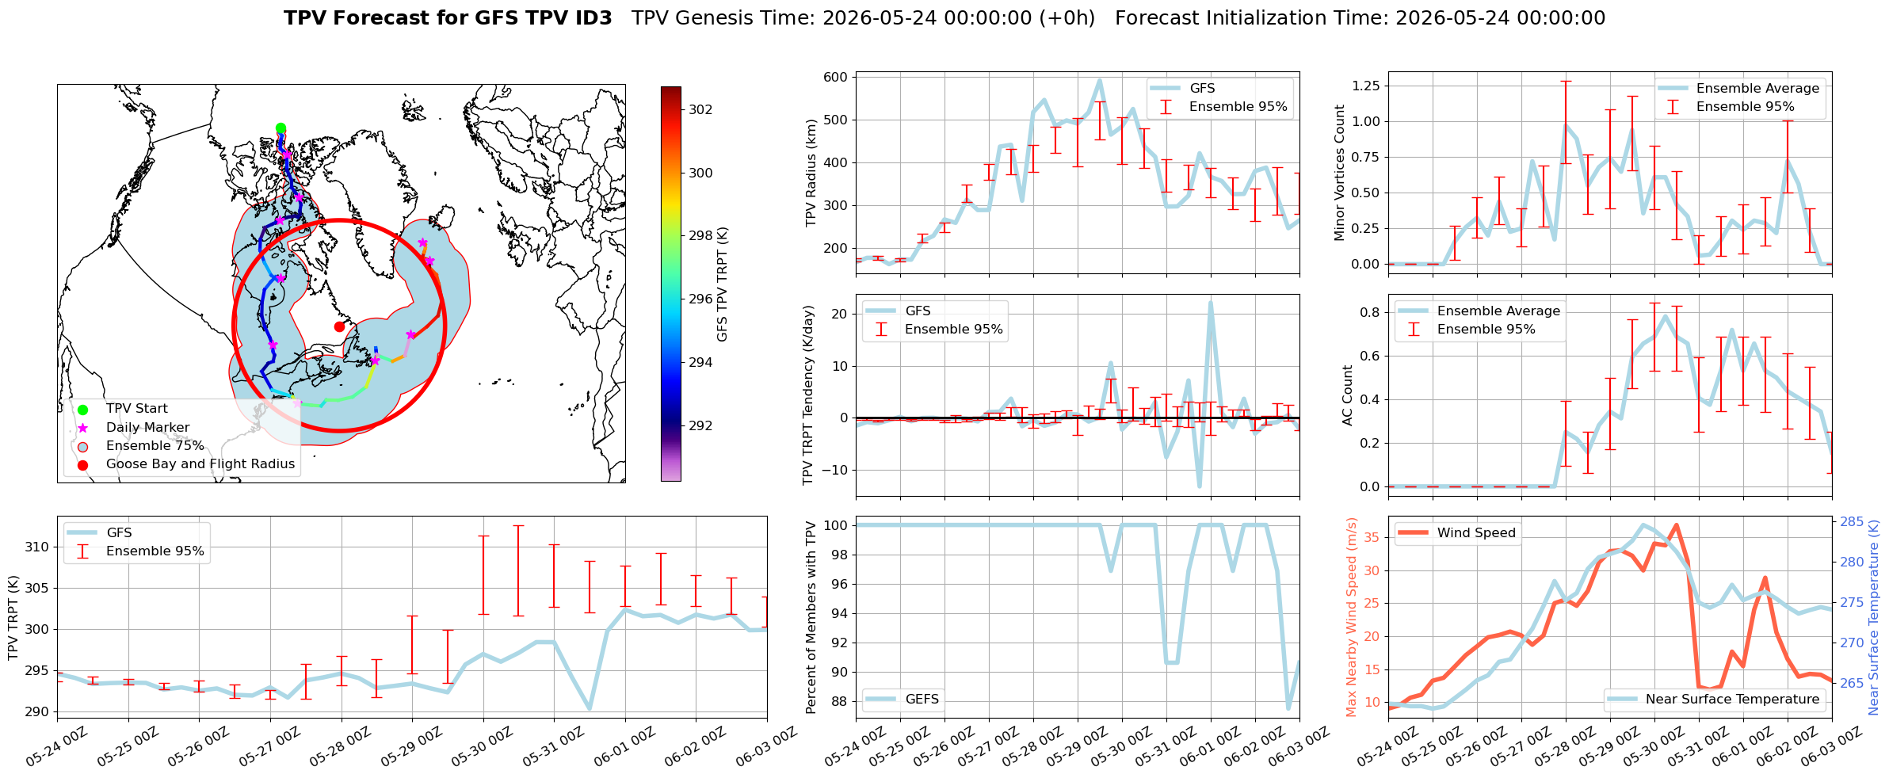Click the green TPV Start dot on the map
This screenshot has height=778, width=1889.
[x=280, y=128]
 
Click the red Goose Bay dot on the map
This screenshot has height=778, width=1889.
[x=339, y=326]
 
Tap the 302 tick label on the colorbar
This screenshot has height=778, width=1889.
[x=700, y=109]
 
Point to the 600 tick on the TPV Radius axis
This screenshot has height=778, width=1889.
[x=837, y=78]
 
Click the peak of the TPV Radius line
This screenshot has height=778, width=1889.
[x=1099, y=80]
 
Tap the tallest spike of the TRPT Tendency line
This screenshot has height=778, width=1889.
[x=1211, y=303]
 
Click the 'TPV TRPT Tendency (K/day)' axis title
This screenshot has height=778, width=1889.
[x=808, y=395]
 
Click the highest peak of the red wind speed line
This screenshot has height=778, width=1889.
[x=1676, y=525]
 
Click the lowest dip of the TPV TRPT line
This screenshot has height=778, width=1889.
[x=590, y=708]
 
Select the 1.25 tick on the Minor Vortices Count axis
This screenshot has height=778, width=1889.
[x=1364, y=86]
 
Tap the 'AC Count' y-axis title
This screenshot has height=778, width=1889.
[x=1348, y=395]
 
